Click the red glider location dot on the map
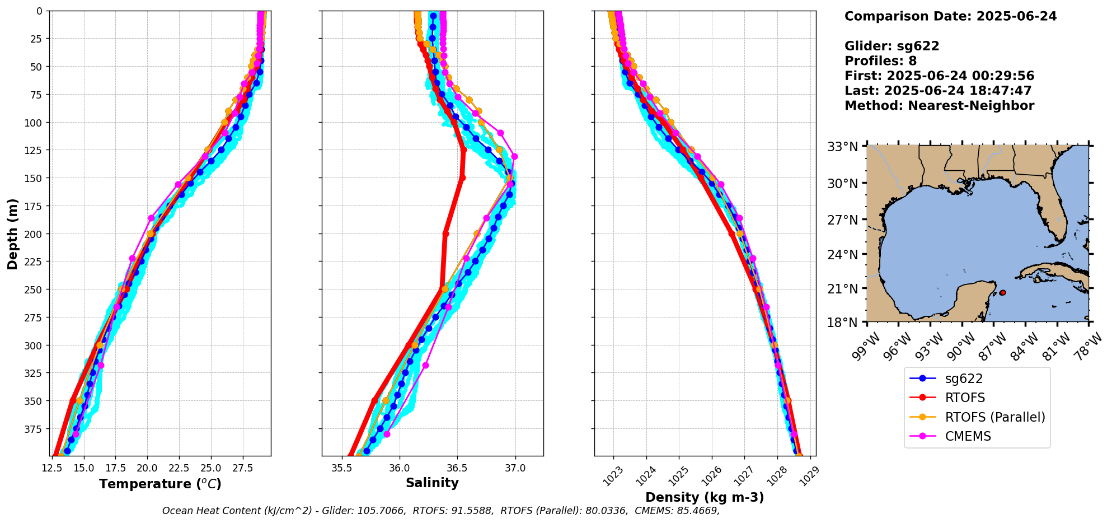[x=1002, y=293]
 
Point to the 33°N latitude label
[x=843, y=147]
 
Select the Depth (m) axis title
[x=12, y=234]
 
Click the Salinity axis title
[x=432, y=483]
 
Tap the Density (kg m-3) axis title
[x=705, y=497]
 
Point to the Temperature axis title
[x=160, y=484]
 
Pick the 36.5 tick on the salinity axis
[x=457, y=468]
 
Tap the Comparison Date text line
[x=950, y=16]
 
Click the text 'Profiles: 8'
[x=880, y=61]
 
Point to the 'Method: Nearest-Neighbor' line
[x=939, y=106]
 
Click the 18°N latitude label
[x=843, y=323]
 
